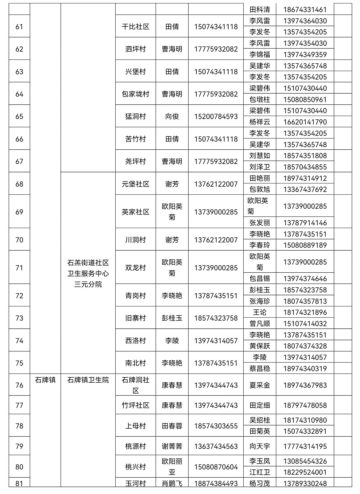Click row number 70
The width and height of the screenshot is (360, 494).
[19, 240]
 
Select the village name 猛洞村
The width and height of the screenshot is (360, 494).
[135, 116]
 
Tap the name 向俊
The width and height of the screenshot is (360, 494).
[172, 116]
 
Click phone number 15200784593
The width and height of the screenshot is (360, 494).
[216, 116]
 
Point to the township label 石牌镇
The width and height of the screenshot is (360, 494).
[45, 380]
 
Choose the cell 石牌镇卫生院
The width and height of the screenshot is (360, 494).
[88, 380]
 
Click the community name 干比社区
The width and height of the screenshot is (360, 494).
[135, 27]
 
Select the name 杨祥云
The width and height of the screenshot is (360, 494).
[260, 122]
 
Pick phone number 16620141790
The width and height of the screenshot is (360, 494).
[305, 122]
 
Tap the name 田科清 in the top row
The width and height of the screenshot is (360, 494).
[260, 10]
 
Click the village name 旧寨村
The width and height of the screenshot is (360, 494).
[135, 318]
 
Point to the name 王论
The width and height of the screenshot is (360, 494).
[260, 312]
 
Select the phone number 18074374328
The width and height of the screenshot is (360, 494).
[305, 346]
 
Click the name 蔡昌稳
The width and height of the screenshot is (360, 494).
[260, 369]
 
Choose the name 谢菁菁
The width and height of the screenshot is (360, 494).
[172, 446]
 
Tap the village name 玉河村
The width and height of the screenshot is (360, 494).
[135, 483]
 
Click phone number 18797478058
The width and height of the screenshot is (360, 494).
[305, 405]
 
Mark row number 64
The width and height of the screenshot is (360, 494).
[19, 94]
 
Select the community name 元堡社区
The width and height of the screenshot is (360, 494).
[135, 184]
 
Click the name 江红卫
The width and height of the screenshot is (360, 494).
[260, 472]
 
